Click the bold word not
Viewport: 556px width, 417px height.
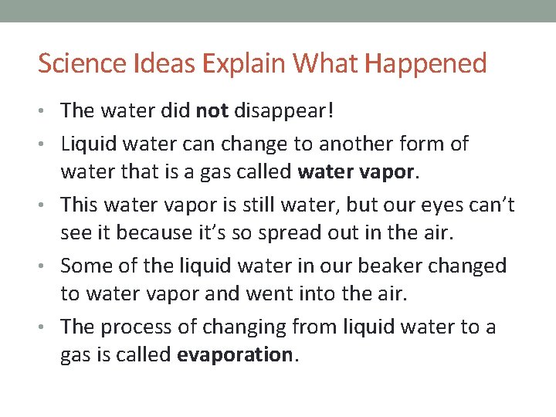point(212,111)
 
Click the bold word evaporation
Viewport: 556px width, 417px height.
point(235,356)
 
